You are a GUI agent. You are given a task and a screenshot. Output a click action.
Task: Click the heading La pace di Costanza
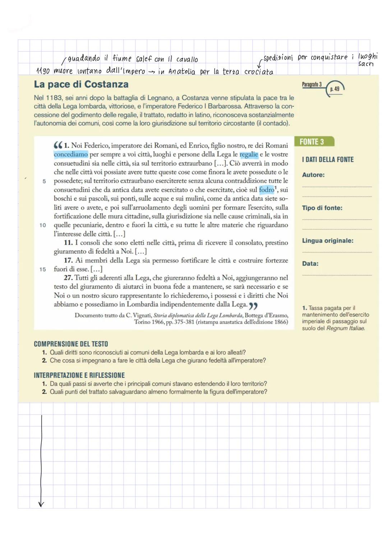[81, 84]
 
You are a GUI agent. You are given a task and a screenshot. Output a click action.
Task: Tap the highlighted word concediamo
[71, 154]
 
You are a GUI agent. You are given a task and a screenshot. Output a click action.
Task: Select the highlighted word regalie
[249, 154]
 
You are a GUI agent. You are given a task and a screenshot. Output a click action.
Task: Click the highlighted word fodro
[267, 189]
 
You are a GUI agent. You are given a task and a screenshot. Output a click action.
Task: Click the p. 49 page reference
[334, 89]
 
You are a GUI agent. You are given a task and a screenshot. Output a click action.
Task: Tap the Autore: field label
[313, 175]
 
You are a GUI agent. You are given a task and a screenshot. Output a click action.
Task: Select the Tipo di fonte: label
[322, 208]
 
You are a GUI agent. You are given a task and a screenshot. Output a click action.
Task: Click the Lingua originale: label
[328, 240]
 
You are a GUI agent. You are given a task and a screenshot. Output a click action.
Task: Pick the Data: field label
[310, 263]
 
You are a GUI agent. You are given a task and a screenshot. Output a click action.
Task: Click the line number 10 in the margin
[43, 225]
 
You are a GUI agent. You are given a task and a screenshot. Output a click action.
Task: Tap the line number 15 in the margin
[43, 269]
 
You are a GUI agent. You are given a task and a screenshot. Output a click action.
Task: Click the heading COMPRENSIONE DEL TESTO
[71, 344]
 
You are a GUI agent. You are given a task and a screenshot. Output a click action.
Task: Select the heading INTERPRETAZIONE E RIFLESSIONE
[79, 375]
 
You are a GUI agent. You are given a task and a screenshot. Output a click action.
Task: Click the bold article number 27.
[68, 278]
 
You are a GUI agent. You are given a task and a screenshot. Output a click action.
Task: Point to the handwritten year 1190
[43, 71]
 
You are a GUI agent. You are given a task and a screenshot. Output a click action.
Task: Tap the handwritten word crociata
[259, 71]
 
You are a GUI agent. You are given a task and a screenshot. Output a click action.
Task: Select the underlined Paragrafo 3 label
[311, 85]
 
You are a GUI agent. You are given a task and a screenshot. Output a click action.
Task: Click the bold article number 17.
[68, 260]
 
